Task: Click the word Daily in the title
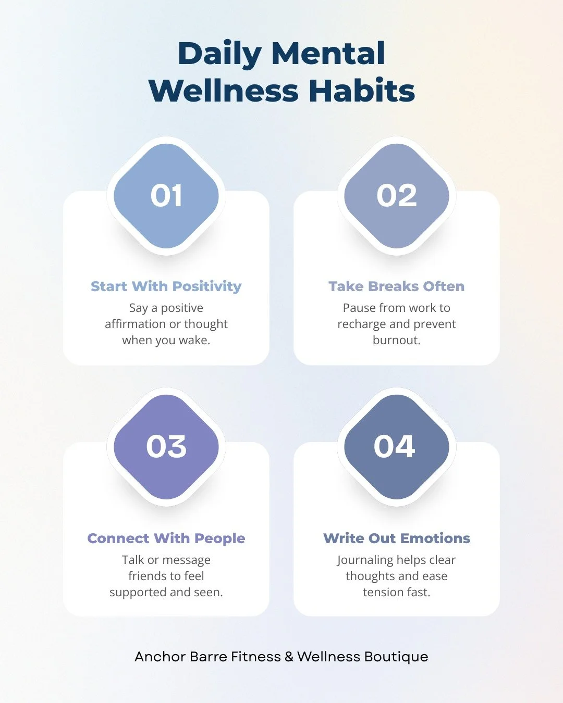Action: [219, 54]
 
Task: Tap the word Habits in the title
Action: [362, 91]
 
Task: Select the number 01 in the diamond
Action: [166, 196]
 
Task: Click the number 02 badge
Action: [397, 196]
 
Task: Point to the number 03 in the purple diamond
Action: [166, 447]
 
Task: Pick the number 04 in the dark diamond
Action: [395, 447]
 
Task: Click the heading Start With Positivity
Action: [166, 286]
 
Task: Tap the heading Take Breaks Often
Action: [397, 286]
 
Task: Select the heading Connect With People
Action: [166, 538]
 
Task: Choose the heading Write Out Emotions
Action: [397, 538]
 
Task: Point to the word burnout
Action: [396, 340]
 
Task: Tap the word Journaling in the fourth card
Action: [365, 560]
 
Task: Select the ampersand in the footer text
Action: [289, 657]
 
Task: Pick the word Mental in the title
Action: [328, 54]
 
